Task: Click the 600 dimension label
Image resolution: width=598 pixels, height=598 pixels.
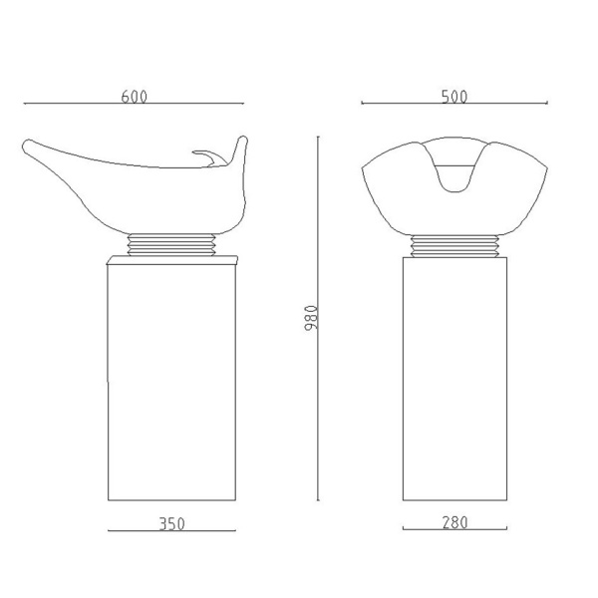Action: [134, 97]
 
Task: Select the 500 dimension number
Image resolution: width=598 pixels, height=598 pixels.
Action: [454, 97]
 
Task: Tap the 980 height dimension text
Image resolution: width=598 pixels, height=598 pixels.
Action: [311, 318]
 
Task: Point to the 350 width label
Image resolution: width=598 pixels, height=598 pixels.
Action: [172, 524]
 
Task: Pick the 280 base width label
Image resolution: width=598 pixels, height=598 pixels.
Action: [455, 522]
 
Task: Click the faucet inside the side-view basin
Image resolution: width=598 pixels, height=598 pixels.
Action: [210, 157]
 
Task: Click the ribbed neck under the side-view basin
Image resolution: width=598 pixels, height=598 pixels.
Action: [171, 244]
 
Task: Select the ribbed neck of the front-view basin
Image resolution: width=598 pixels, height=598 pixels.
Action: [454, 246]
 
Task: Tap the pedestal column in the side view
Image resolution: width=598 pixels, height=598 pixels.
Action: [172, 382]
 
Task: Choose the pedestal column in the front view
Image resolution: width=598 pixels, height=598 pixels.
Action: [455, 379]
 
